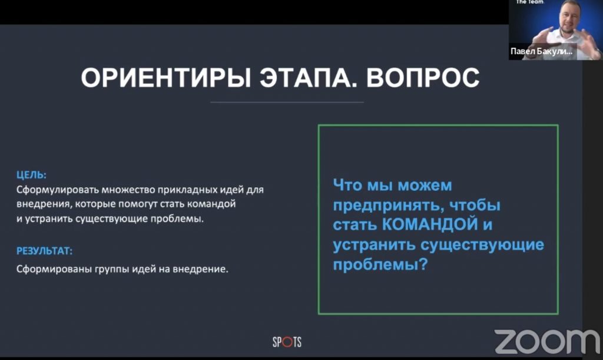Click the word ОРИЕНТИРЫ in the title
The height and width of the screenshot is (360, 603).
pos(165,78)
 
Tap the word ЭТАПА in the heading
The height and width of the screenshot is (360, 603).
pos(309,78)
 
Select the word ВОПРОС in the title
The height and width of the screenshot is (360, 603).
pos(423,78)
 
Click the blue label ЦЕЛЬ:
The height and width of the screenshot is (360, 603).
pos(31,175)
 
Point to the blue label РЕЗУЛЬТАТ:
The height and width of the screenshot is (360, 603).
pos(44,251)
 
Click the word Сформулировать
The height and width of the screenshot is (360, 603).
pos(58,190)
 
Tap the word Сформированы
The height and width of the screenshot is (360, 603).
pos(54,269)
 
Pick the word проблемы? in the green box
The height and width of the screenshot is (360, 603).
pos(380,265)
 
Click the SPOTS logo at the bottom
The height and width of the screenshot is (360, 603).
pos(287,342)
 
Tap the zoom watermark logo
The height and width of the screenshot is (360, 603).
pos(547,342)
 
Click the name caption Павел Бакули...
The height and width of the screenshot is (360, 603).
pos(541,51)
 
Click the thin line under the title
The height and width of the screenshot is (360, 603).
pos(287,103)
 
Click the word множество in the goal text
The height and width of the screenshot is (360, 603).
pos(128,190)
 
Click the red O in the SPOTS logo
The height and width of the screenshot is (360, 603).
pos(287,342)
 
